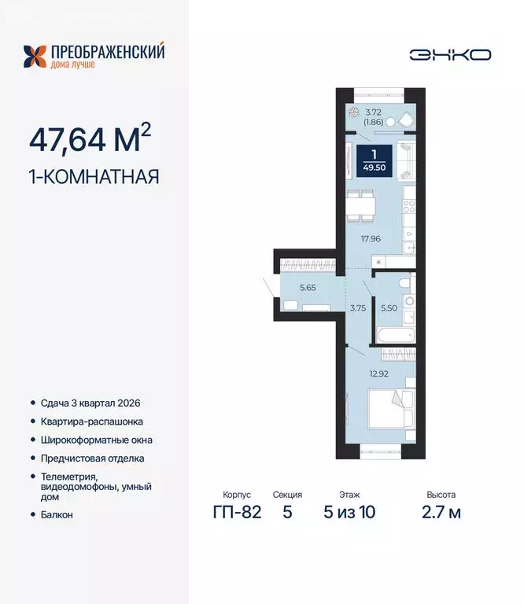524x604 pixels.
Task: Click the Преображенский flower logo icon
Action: click(35, 57)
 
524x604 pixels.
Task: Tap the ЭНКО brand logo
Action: click(450, 55)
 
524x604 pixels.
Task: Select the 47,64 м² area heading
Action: click(90, 138)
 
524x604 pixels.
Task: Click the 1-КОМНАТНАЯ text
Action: click(94, 177)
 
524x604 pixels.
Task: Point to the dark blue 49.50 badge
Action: click(375, 160)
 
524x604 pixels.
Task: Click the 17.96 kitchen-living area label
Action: click(371, 239)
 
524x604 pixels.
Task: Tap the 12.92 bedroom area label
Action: click(378, 374)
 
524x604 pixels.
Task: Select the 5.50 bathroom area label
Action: click(389, 308)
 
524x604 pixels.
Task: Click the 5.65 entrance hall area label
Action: click(308, 287)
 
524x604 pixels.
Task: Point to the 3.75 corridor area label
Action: click(358, 308)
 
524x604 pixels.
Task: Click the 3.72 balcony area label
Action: click(374, 112)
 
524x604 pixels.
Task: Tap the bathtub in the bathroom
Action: click(396, 335)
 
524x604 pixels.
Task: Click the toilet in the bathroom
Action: click(405, 283)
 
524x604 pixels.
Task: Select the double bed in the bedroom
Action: click(392, 409)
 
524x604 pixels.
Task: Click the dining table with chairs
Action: click(360, 206)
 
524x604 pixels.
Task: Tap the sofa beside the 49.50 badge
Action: click(406, 160)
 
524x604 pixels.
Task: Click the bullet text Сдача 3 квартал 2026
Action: click(90, 403)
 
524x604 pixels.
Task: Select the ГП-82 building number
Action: click(237, 512)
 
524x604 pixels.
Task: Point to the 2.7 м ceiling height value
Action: click(441, 512)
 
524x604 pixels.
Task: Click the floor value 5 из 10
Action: click(349, 512)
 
